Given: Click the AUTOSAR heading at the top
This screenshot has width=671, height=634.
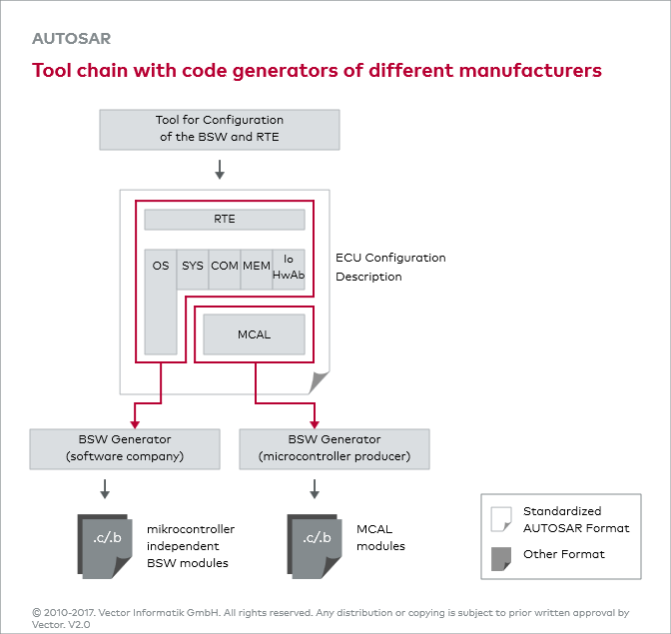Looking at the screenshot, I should (71, 40).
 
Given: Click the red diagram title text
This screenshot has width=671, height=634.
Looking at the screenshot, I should (317, 71).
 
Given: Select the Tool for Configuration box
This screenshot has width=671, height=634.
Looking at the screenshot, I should (220, 129).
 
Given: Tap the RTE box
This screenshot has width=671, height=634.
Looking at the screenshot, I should (225, 220).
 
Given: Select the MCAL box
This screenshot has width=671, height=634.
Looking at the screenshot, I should (254, 334).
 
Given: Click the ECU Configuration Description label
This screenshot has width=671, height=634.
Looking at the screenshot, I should (390, 267).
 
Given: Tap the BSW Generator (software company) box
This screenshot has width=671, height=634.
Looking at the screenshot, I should (125, 449).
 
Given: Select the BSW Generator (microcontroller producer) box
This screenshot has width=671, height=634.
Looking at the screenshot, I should (335, 449).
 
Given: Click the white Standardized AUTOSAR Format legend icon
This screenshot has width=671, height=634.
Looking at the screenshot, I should (500, 520).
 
